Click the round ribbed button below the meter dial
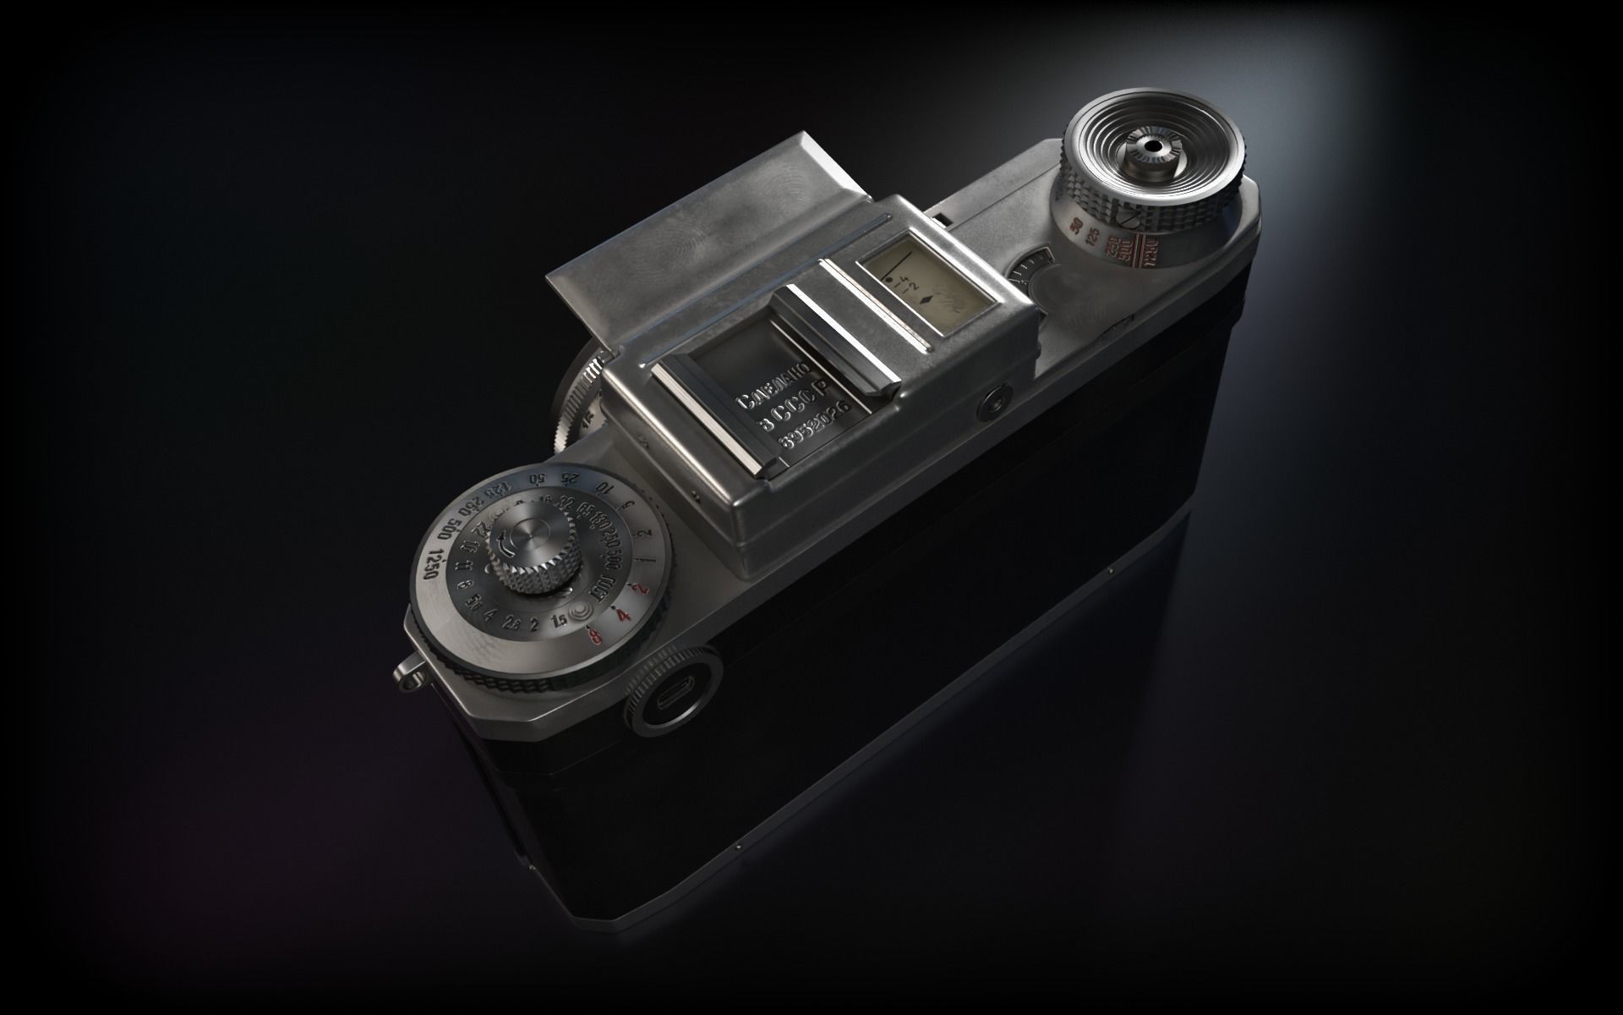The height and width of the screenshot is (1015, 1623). (672, 701)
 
